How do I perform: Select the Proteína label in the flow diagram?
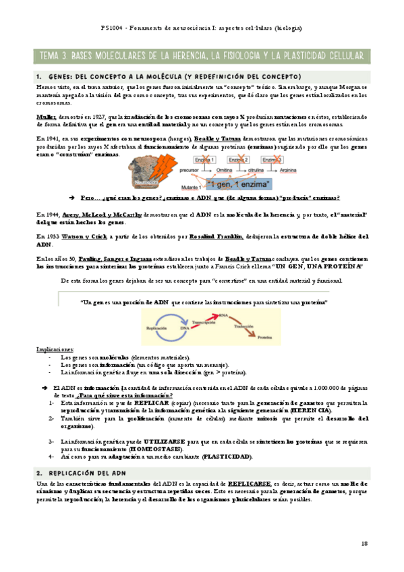[x=265, y=335]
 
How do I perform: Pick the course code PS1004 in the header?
[x=111, y=28]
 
